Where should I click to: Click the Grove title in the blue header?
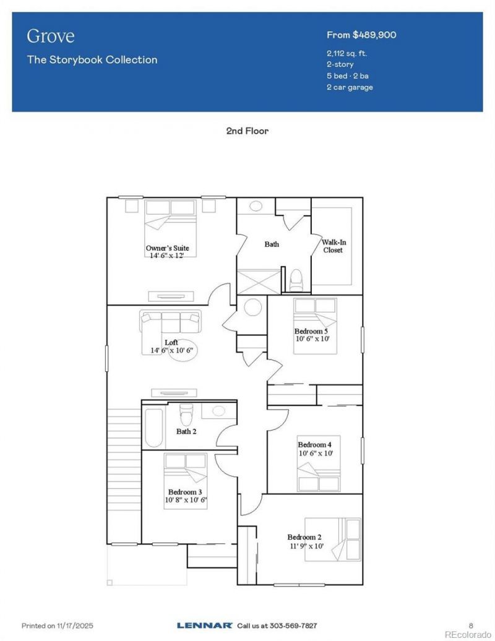51,36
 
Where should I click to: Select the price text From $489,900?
361,35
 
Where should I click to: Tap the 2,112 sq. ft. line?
346,53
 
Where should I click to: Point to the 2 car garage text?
350,87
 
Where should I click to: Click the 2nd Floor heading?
247,131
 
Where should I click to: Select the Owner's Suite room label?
168,247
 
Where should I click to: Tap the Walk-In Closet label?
334,246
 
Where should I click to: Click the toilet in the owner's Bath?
295,280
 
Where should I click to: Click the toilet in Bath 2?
186,414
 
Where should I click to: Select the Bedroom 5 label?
311,331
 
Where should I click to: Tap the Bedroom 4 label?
314,444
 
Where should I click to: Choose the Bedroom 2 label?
304,537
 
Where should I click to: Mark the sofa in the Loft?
170,322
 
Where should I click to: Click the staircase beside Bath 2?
124,476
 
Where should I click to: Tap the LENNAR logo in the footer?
205,625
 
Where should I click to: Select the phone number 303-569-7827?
293,626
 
